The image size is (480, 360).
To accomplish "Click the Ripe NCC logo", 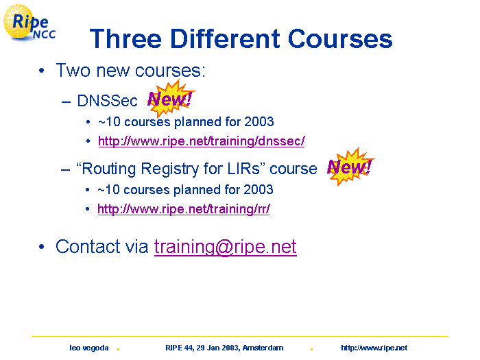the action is point(29,23).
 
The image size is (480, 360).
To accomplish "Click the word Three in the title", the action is point(125,38).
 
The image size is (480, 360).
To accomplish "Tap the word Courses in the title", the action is point(340,38).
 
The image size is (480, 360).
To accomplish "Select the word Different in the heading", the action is point(225,38).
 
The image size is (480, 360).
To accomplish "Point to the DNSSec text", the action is point(108,101).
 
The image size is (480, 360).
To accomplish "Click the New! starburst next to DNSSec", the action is point(170,99).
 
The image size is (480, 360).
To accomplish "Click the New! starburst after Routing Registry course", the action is point(350,167).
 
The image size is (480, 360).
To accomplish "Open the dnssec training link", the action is point(201,141).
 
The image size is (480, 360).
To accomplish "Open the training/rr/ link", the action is point(184,209).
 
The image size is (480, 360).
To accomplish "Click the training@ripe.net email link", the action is point(226,247).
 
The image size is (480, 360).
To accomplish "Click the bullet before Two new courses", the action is point(42,71).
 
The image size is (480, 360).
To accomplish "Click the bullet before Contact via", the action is point(42,246).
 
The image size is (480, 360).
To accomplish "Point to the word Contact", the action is point(88,246).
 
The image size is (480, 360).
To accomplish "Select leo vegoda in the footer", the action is point(89,348).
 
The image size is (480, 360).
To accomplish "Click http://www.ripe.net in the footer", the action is point(374,348).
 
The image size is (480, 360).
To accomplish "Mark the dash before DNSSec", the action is point(66,101).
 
